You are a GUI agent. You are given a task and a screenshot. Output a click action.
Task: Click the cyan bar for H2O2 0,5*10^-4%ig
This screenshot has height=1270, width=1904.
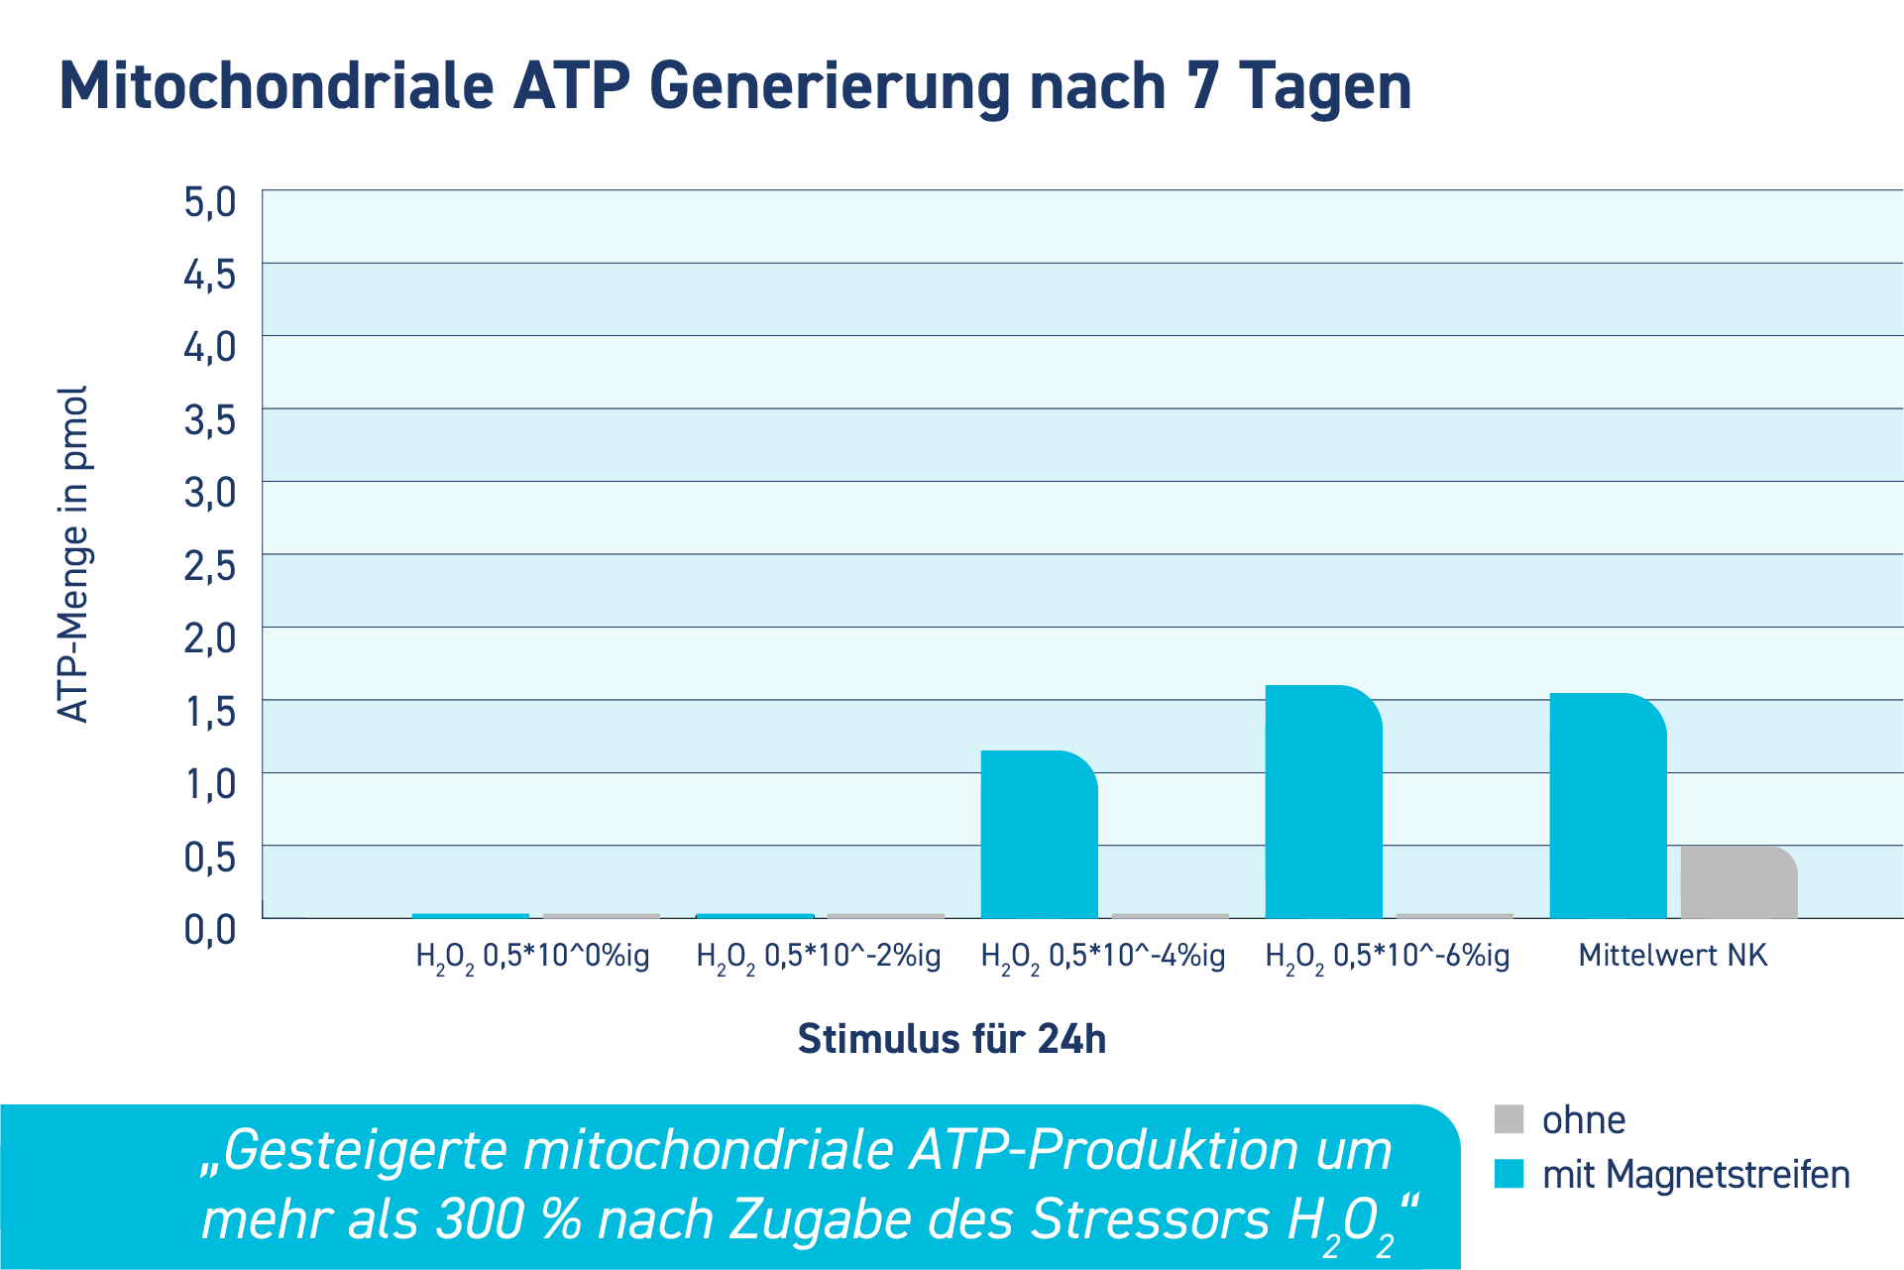point(1039,835)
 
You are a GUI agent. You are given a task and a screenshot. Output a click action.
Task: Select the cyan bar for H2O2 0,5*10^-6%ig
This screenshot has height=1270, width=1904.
point(1323,802)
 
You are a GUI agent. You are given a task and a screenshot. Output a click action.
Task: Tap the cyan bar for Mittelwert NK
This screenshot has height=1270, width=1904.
point(1608,806)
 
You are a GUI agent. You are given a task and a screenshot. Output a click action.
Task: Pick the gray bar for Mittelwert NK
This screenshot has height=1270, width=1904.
point(1738,882)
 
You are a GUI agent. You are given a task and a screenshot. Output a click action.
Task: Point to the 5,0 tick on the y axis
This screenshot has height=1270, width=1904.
point(210,201)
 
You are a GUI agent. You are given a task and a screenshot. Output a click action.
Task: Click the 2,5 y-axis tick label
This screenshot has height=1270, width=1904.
point(210,566)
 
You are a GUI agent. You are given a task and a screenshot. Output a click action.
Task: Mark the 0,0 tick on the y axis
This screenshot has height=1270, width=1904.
point(210,930)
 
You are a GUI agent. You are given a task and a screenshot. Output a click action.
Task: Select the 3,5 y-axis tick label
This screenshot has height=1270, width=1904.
point(210,420)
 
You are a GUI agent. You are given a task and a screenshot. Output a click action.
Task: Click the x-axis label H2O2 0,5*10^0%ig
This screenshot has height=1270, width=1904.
point(532,957)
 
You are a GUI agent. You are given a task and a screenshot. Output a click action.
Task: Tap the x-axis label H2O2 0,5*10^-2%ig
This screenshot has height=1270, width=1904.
point(818,957)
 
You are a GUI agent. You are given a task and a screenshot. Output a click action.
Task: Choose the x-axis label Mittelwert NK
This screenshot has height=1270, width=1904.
point(1672,956)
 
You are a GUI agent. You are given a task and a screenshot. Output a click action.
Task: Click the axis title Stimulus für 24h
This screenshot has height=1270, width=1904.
point(952,1039)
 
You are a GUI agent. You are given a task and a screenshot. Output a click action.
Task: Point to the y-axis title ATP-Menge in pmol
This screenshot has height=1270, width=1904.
point(73,554)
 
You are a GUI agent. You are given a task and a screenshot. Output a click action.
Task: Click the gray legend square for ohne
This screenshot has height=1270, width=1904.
point(1509,1119)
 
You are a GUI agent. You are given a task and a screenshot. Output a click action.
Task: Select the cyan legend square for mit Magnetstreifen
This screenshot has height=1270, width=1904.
point(1509,1174)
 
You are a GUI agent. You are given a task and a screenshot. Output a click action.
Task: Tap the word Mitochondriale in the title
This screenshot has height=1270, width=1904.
point(277,86)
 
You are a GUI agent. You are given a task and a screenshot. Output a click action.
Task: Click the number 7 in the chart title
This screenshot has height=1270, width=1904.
point(1201,86)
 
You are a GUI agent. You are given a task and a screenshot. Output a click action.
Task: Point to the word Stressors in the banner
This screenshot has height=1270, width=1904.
point(1150,1219)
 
